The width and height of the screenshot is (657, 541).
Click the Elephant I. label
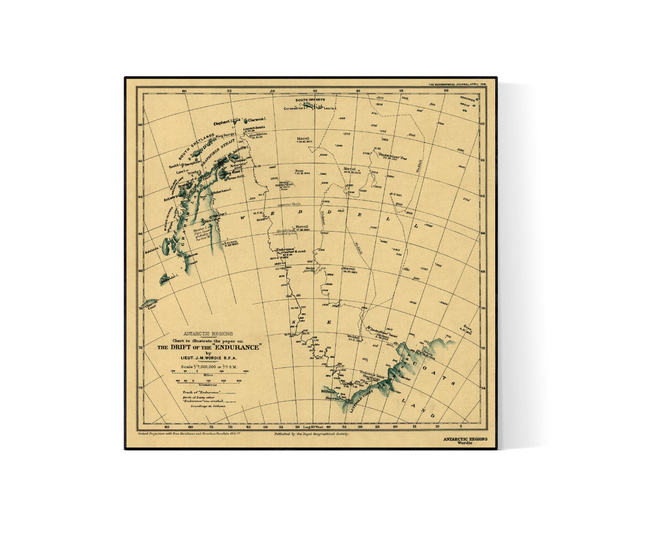[x=223, y=122]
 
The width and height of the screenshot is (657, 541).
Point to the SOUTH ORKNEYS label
[x=310, y=100]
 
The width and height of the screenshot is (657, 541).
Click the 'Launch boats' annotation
[x=255, y=128]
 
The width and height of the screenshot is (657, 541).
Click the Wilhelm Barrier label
[x=330, y=394]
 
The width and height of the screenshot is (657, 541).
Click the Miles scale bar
[x=209, y=372]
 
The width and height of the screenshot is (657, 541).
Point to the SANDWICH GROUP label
[x=468, y=101]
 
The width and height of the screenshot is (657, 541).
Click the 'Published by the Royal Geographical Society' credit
[x=311, y=435]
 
